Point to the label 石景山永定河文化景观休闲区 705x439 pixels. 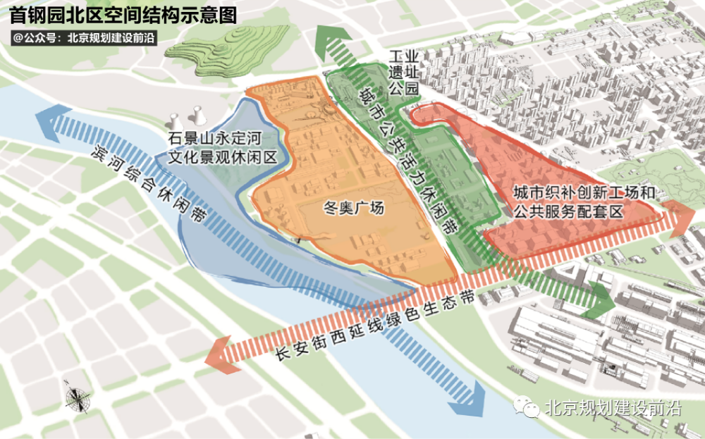tap(221, 147)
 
